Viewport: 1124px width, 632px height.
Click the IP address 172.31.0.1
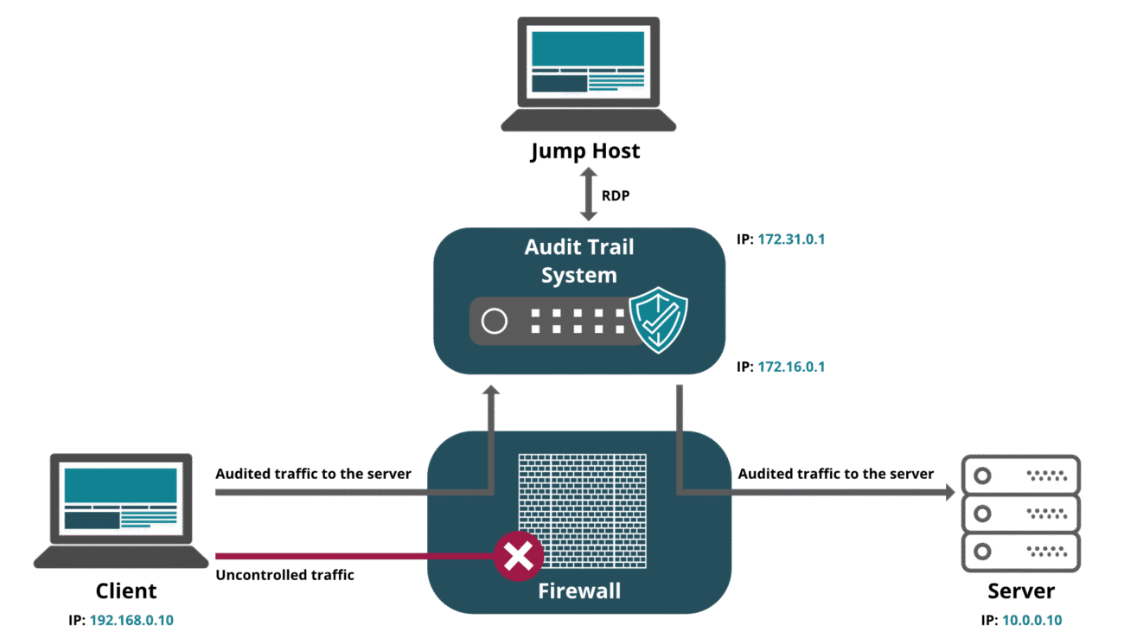click(x=790, y=239)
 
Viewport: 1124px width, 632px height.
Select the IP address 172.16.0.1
click(x=790, y=367)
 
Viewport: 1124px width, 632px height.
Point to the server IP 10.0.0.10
click(x=1031, y=621)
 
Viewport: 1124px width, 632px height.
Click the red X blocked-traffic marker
click(x=518, y=556)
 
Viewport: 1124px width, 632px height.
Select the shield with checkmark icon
click(x=658, y=320)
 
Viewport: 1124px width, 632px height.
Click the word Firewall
click(x=579, y=592)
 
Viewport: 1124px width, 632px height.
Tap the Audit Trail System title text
click(x=578, y=261)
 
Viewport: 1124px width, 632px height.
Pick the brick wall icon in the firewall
click(x=582, y=510)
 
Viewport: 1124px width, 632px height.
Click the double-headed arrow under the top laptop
click(x=589, y=194)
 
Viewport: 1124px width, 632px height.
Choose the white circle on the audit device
click(x=495, y=322)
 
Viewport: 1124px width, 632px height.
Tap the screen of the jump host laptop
click(x=588, y=61)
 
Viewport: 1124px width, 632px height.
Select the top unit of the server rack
click(x=1021, y=475)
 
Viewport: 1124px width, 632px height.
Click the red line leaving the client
click(x=346, y=556)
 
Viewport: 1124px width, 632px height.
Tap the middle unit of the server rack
click(x=1021, y=514)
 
